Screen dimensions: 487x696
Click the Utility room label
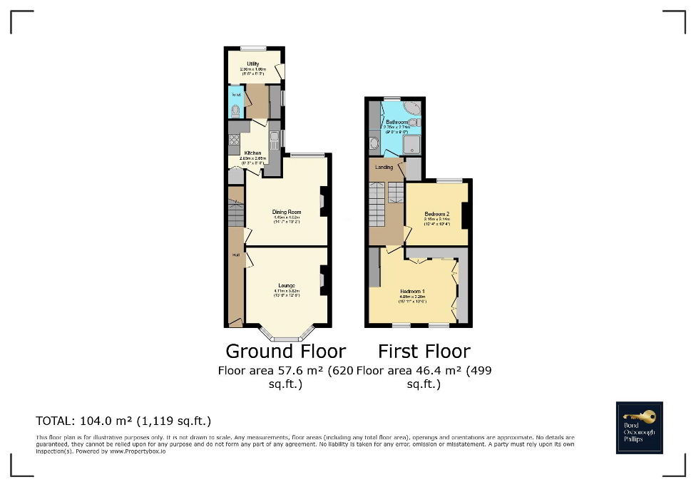pyautogui.click(x=252, y=64)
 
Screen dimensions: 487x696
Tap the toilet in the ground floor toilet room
pyautogui.click(x=235, y=110)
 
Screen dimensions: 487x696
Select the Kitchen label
pyautogui.click(x=252, y=153)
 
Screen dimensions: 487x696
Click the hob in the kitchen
pyautogui.click(x=234, y=140)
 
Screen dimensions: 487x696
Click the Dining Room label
pyautogui.click(x=287, y=212)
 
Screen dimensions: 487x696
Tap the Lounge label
pyautogui.click(x=287, y=287)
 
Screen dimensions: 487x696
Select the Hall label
pyautogui.click(x=234, y=255)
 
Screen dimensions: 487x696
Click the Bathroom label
pyautogui.click(x=398, y=122)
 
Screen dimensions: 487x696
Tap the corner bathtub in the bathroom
pyautogui.click(x=411, y=108)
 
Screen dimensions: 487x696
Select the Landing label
pyautogui.click(x=384, y=168)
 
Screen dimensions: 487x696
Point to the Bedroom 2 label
pyautogui.click(x=436, y=214)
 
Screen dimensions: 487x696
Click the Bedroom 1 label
pyautogui.click(x=412, y=291)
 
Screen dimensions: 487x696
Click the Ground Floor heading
pyautogui.click(x=285, y=351)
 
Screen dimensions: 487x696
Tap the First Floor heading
pyautogui.click(x=424, y=351)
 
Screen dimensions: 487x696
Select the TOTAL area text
pyautogui.click(x=123, y=421)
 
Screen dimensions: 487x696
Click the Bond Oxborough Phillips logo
pyautogui.click(x=639, y=427)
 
